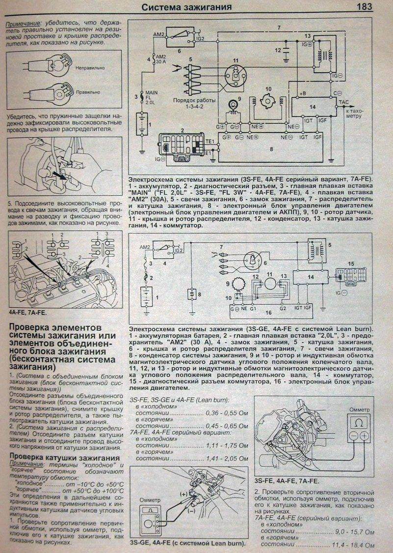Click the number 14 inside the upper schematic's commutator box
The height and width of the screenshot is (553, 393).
(313, 107)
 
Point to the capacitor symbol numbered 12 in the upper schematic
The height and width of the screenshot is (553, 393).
(285, 50)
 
